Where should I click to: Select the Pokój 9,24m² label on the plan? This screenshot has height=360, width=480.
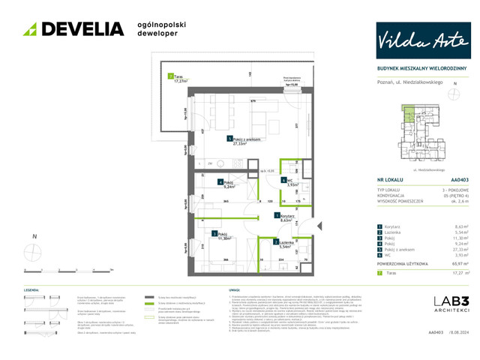[x=227, y=184]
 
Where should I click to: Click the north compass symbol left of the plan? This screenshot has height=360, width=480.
[x=34, y=250]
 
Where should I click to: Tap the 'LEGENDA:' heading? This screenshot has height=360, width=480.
[x=31, y=289]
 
